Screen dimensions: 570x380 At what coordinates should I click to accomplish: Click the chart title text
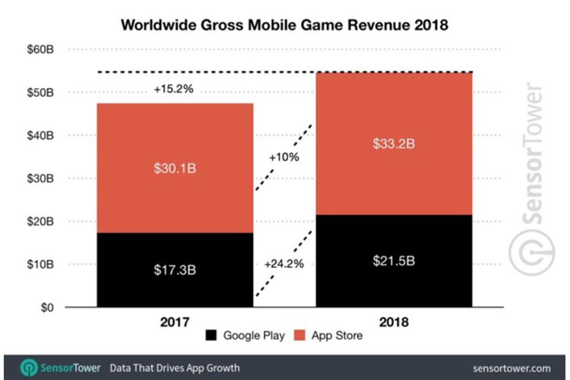tap(284, 25)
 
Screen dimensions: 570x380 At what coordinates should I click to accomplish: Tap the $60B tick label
tap(40, 49)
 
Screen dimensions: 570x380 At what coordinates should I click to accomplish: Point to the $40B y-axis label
tap(40, 135)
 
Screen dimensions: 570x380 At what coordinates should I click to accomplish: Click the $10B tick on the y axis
tap(40, 264)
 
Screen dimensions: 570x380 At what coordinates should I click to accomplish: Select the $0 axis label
tap(47, 308)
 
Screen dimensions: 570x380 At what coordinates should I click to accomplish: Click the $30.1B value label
tap(175, 168)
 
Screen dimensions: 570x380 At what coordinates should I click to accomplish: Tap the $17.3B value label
tap(175, 270)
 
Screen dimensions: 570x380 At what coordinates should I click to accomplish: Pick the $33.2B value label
tap(394, 144)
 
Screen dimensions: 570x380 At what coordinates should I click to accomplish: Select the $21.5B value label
tap(394, 261)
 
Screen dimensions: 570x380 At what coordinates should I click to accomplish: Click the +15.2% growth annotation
tap(174, 89)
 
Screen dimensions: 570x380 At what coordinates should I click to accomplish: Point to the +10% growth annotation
tap(284, 157)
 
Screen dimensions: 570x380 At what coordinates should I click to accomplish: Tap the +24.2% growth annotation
tap(284, 264)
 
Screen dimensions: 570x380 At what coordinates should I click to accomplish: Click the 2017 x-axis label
tap(175, 322)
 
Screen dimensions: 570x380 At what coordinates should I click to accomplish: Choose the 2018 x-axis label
tap(394, 322)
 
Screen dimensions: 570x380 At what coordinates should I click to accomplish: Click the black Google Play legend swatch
tap(211, 335)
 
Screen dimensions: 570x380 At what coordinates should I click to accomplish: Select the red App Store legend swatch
tap(300, 335)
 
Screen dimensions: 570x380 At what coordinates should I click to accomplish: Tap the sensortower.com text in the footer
tap(511, 368)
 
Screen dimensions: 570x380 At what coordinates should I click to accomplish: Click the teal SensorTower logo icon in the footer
tap(28, 368)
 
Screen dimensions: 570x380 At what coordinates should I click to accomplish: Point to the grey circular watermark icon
tap(531, 252)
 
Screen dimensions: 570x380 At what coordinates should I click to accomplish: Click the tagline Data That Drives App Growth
tap(175, 368)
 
